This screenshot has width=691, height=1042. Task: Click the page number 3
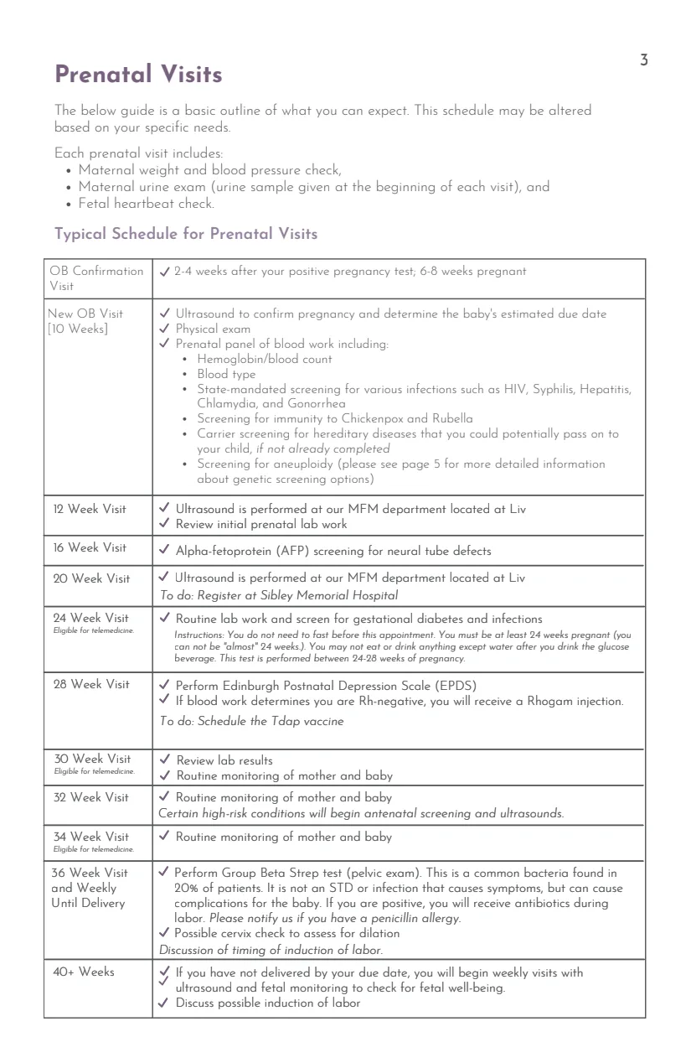643,60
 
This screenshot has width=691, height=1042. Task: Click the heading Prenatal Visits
138,75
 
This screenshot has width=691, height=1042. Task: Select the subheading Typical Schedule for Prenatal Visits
185,234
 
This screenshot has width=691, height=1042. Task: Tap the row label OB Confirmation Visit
96,277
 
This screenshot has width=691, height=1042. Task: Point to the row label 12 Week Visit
90,509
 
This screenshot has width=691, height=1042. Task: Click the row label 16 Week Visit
90,548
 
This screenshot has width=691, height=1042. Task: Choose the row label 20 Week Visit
91,578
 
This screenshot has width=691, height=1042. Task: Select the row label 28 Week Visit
91,685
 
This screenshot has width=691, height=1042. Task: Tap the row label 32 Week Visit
91,797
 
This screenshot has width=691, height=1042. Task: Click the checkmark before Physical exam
165,329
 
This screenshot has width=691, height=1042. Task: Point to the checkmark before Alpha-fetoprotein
165,552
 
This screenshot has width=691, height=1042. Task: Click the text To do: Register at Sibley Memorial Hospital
278,595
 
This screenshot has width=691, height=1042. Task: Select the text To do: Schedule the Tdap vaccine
251,722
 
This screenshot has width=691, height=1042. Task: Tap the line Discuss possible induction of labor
268,1003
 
